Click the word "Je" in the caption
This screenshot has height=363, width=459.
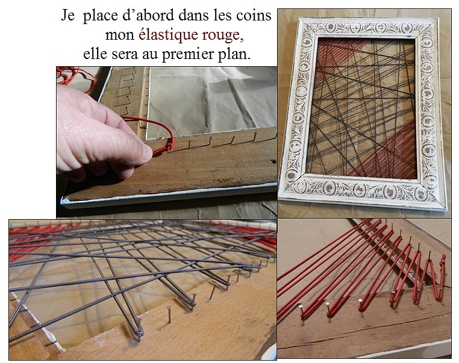coord(67,15)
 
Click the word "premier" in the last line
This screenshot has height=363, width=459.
coord(188,55)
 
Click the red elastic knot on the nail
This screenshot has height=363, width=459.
coord(169,146)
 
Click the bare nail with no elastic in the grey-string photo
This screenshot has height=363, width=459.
coord(169,314)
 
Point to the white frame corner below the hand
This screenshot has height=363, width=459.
coord(66,200)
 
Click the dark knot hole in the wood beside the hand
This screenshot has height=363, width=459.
coord(273,161)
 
